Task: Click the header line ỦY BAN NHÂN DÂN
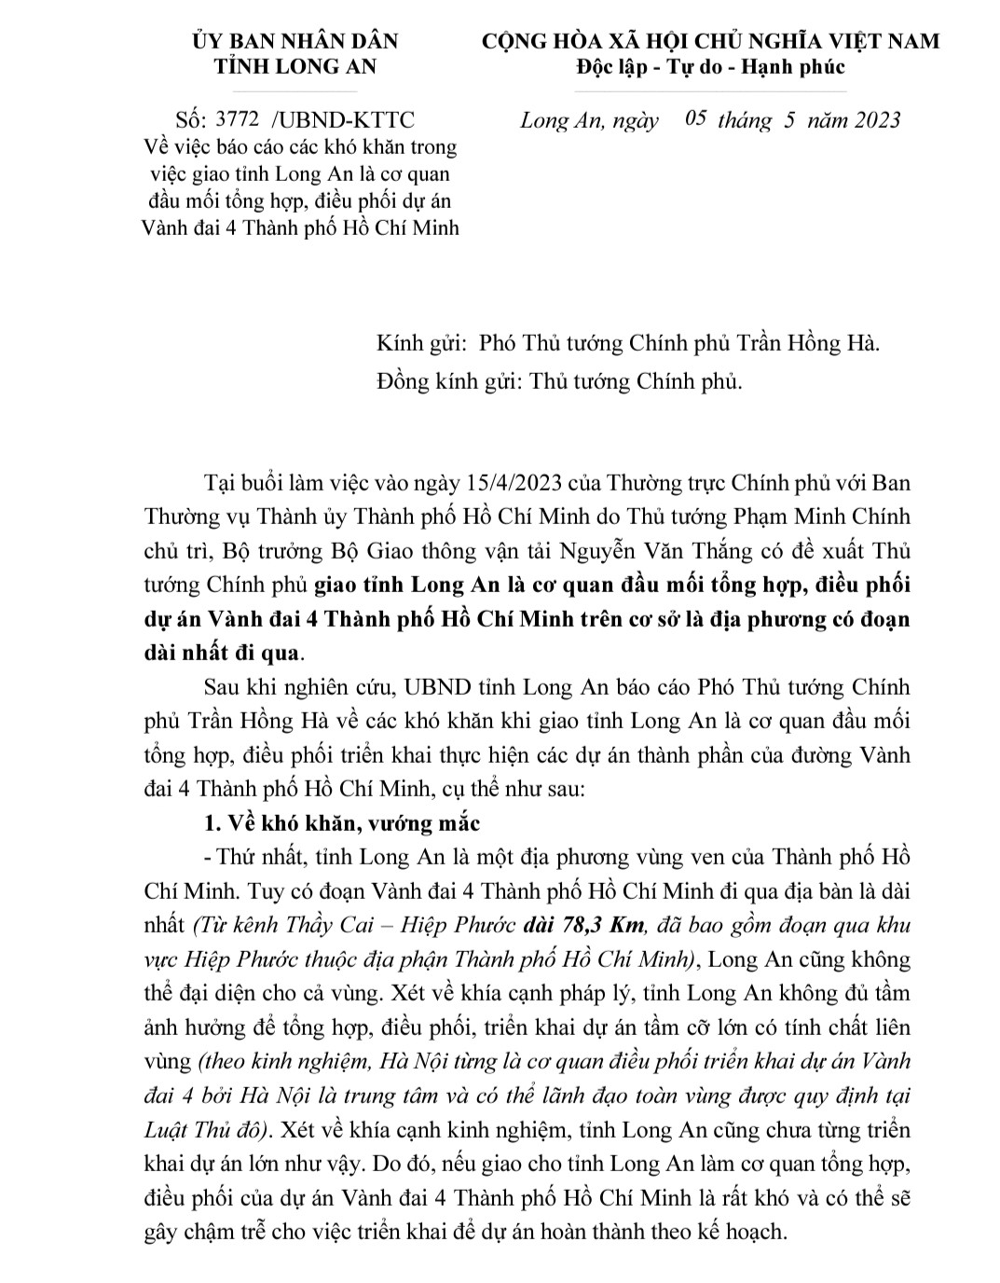tap(295, 42)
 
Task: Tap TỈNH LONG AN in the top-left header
tap(295, 67)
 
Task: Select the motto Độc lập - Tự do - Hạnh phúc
tap(710, 67)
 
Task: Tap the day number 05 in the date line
tap(696, 119)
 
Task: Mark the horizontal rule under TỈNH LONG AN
tap(295, 92)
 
